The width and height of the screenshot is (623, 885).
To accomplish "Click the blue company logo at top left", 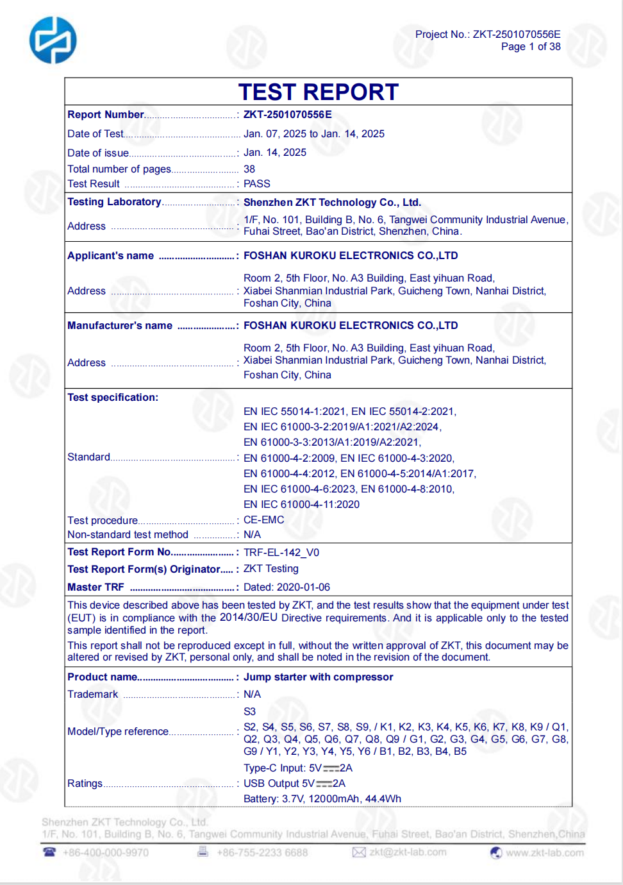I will [53, 40].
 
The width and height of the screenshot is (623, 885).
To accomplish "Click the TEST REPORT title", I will [319, 92].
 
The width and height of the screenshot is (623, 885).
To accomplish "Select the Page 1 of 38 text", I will [531, 47].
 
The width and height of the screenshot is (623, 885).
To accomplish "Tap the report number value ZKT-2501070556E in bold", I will [288, 115].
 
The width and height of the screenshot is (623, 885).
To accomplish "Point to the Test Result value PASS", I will [257, 184].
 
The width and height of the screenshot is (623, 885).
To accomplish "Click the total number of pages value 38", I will [249, 169].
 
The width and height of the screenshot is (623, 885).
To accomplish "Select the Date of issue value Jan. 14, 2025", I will [275, 153].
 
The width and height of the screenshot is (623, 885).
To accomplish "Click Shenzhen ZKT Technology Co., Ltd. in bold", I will [332, 203].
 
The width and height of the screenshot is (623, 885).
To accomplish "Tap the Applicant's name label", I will [111, 256].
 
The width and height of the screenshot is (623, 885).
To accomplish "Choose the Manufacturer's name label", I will [120, 326].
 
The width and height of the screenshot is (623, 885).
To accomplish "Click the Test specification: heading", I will [113, 398].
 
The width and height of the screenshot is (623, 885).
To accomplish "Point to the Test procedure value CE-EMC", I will [263, 520].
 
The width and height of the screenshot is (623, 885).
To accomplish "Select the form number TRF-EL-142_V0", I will [281, 553].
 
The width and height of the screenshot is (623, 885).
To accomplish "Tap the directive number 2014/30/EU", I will [249, 618].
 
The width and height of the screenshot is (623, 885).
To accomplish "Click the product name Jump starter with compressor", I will [319, 677].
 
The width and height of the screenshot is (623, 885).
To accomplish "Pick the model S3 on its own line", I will [249, 712].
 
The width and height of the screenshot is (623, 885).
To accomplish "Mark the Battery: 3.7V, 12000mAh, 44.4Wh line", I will [322, 799].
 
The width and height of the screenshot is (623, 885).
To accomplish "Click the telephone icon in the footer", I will [49, 852].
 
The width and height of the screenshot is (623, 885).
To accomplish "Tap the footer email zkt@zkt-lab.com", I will [408, 852].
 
